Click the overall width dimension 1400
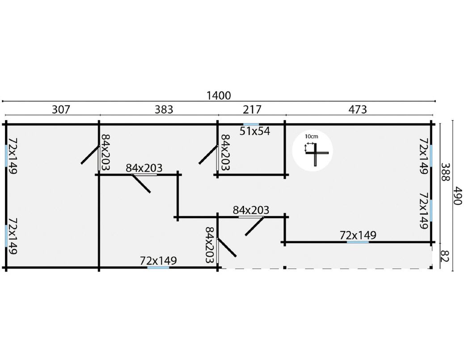219,96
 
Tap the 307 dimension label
61,109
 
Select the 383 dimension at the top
164,109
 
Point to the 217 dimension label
252,109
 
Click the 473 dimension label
358,109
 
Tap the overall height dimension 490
457,196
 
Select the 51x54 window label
255,131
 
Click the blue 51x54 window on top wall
251,125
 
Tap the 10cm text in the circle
312,137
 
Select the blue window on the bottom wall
158,268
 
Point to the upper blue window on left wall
6,156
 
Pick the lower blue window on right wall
431,210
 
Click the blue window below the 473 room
358,242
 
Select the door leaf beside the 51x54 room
208,155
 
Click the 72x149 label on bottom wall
158,261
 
